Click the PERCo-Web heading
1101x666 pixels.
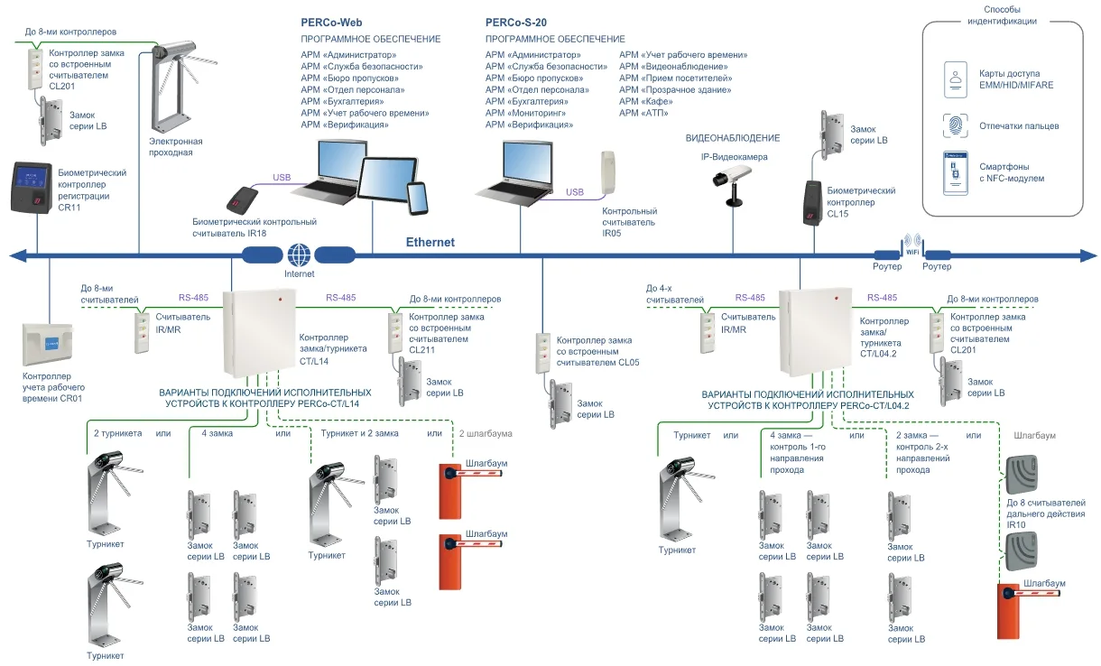point(332,22)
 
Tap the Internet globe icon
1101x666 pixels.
point(300,254)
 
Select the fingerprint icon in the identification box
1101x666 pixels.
point(955,125)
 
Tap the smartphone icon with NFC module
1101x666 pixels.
point(955,172)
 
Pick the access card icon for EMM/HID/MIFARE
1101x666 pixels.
point(955,79)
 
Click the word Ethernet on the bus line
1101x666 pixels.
point(430,242)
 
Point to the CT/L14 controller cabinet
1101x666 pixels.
point(259,333)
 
